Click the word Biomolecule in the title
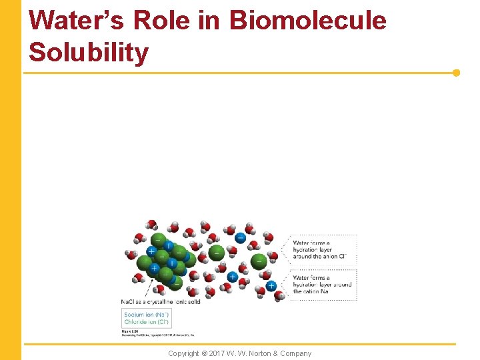coord(308,21)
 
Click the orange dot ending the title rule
coord(457,73)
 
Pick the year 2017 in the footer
coord(217,353)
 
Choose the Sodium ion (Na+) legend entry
coord(145,313)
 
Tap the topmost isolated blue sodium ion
coord(240,237)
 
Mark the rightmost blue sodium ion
coord(271,286)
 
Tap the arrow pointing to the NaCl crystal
coord(159,291)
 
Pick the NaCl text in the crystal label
coord(127,301)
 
